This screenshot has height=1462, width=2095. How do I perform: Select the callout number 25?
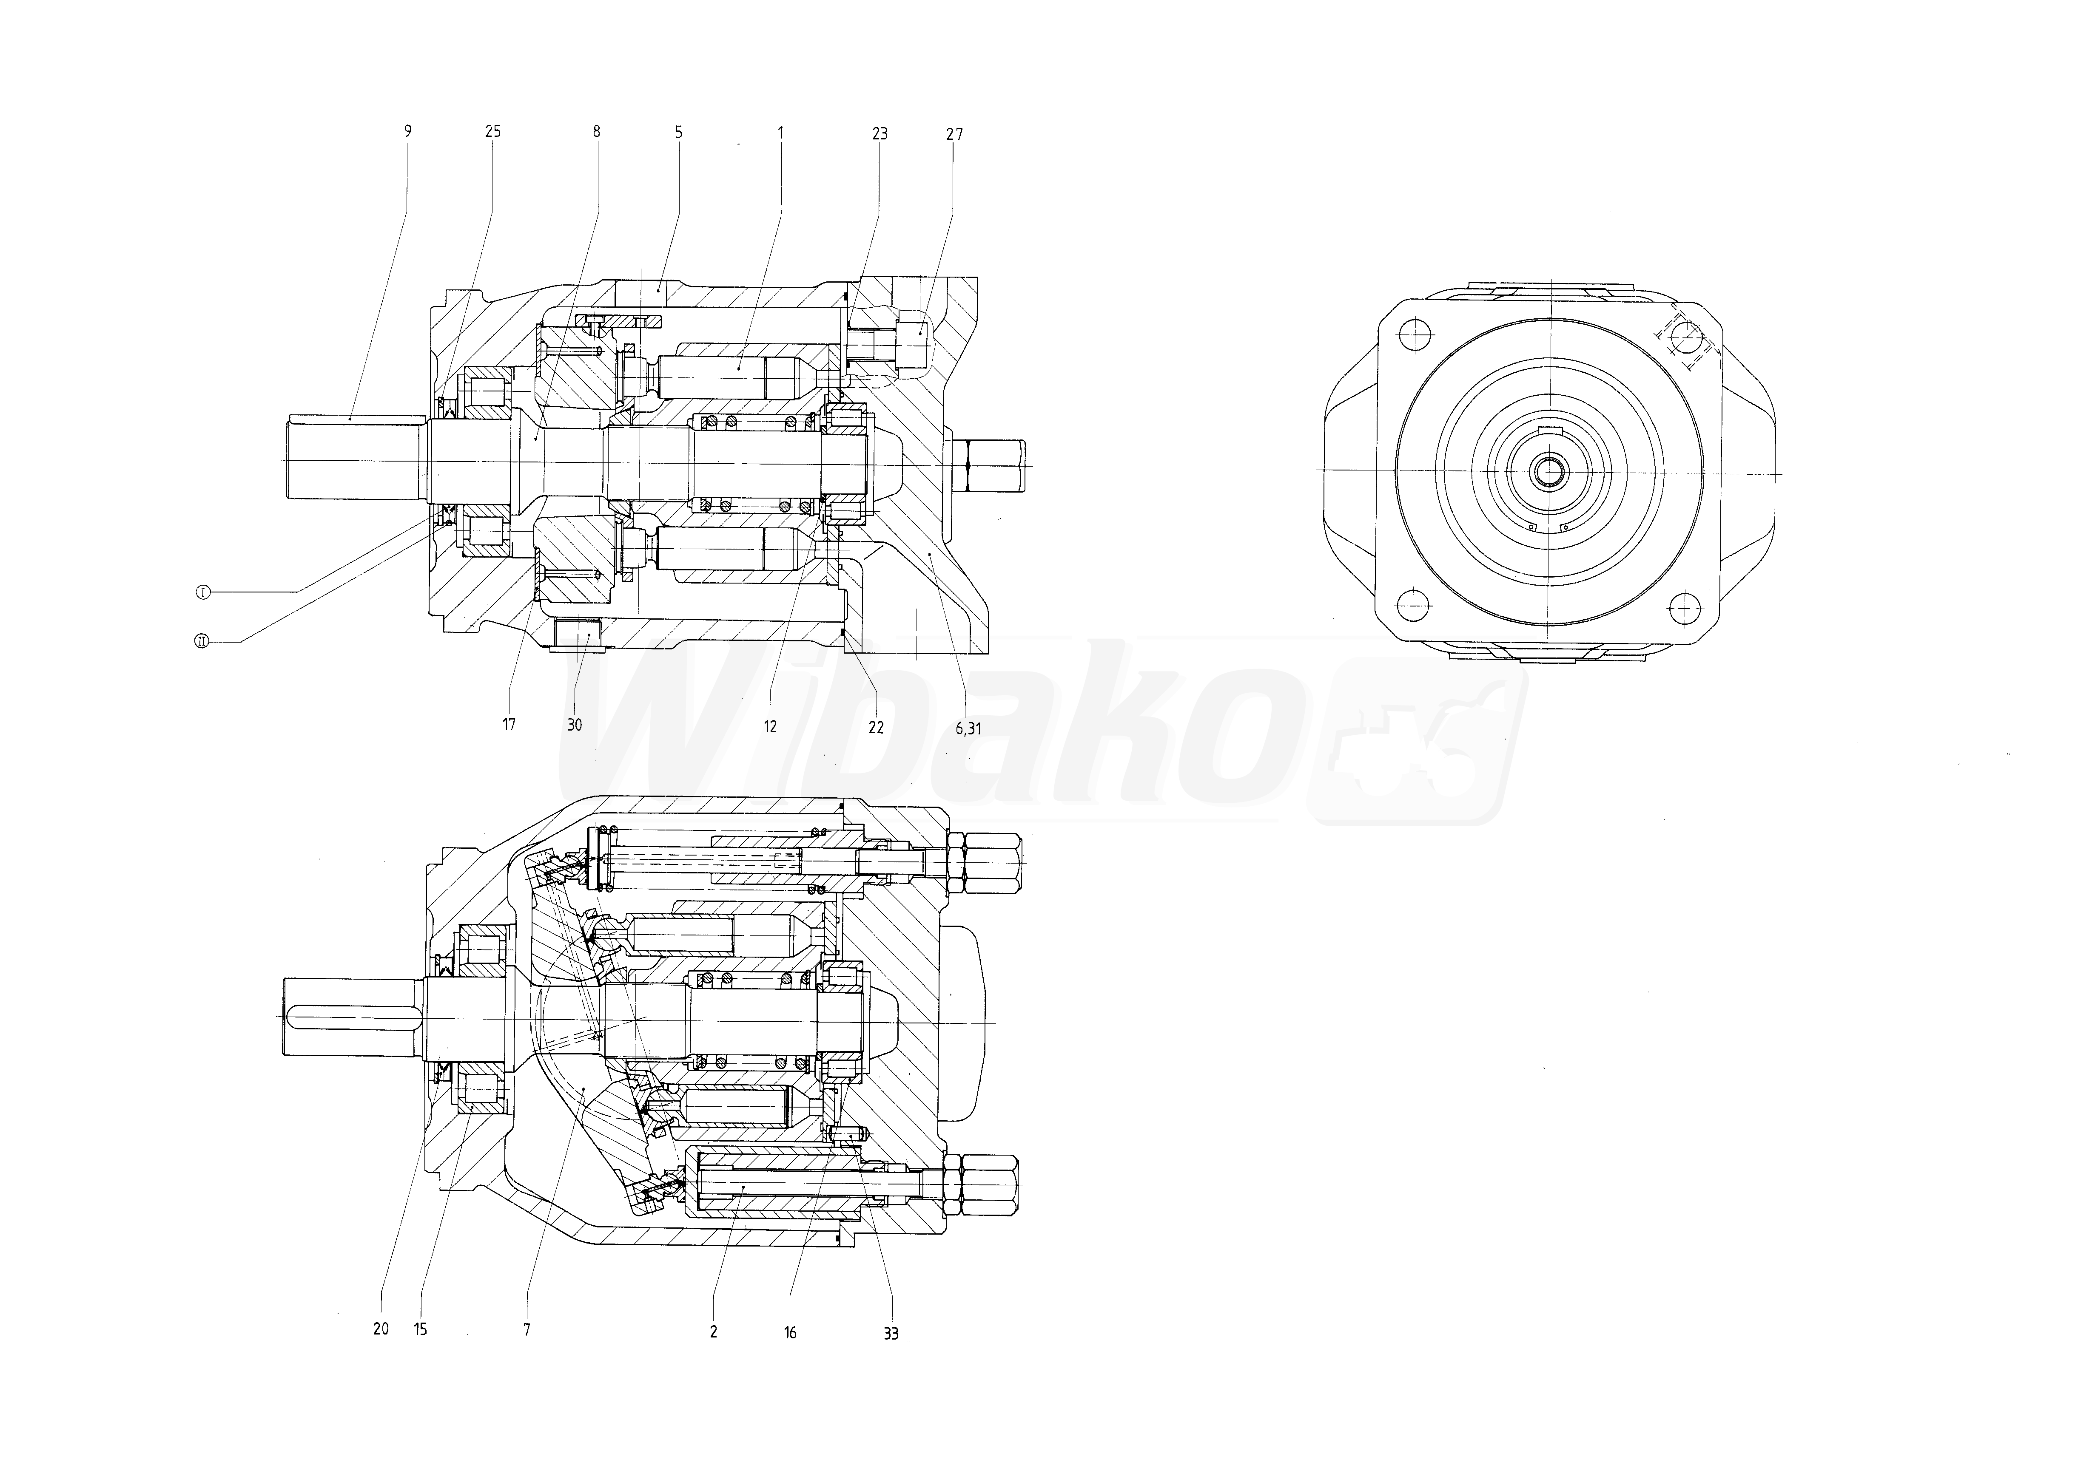click(493, 131)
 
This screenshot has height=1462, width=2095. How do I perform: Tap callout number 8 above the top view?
click(597, 131)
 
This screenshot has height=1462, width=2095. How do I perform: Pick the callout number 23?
click(880, 134)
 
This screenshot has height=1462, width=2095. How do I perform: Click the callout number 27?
click(954, 134)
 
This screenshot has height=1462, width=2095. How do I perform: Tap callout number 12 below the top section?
click(771, 727)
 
